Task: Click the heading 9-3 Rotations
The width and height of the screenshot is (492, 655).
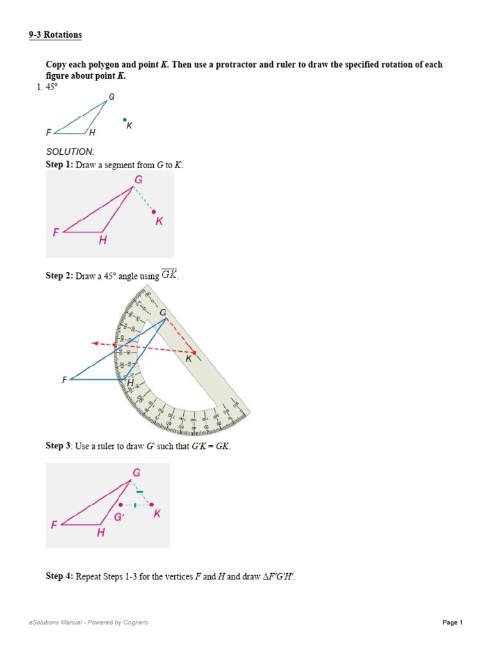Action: click(55, 35)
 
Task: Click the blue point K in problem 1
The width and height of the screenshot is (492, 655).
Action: click(125, 119)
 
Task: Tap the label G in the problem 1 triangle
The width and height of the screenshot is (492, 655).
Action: click(111, 97)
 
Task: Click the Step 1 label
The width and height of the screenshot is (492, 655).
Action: click(59, 165)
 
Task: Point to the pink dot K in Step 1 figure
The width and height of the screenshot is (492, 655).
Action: click(154, 211)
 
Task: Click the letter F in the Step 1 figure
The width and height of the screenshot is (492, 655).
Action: click(56, 233)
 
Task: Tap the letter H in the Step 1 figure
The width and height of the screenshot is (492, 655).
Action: click(102, 241)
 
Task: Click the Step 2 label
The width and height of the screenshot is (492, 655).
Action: click(59, 276)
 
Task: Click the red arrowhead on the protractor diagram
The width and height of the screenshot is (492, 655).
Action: click(94, 342)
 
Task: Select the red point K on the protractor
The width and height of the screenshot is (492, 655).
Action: click(195, 352)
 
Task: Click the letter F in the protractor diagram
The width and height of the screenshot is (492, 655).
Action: click(64, 379)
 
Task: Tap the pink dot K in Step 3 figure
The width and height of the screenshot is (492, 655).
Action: click(152, 505)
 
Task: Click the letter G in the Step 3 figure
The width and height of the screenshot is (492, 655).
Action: click(136, 473)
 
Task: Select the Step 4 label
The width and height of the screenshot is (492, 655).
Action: click(59, 576)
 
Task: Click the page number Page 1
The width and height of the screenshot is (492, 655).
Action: click(452, 622)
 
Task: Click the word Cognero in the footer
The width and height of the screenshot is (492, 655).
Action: click(135, 622)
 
